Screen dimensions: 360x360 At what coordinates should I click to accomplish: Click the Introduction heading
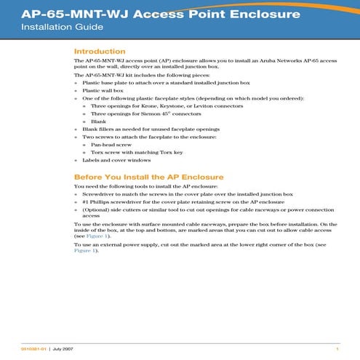[100, 52]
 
